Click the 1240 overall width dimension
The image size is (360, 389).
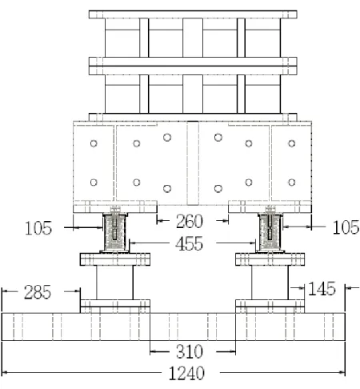(186, 373)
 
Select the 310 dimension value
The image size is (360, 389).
(190, 351)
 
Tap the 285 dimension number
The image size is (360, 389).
(38, 292)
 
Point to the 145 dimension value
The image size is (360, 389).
(322, 288)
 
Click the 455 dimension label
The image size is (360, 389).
(189, 243)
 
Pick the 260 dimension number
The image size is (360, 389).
(190, 221)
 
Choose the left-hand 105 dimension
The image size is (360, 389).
(38, 228)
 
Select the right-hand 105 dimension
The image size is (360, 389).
(346, 227)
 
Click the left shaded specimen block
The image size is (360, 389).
(114, 232)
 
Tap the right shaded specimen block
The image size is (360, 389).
(270, 232)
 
